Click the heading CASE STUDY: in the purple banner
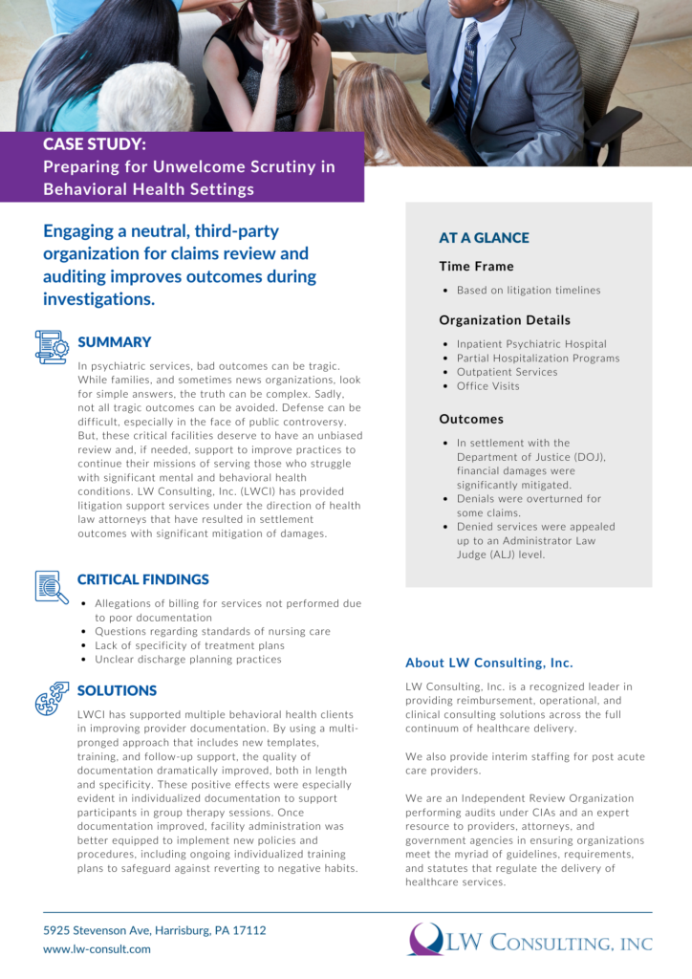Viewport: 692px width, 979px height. point(95,144)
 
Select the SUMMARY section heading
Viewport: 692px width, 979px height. point(114,342)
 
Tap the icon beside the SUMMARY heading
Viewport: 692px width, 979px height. point(51,347)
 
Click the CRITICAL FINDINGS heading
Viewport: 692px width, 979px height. point(142,579)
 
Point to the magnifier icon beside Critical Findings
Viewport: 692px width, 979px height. point(51,586)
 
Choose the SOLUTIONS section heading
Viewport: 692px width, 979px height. point(117,690)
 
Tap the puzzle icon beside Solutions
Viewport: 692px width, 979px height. point(51,697)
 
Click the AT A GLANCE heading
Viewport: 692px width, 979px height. point(484,238)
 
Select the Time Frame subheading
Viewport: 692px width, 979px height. point(476,266)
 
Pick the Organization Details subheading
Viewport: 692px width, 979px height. point(505,320)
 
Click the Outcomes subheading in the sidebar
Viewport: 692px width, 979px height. point(471,419)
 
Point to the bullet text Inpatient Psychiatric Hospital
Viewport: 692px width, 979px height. point(531,344)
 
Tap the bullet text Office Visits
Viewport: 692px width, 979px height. point(488,386)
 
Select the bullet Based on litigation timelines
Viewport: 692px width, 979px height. point(529,290)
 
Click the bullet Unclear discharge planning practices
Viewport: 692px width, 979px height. point(188,659)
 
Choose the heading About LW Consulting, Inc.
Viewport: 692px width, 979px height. point(489,663)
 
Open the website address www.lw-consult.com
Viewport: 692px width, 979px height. point(97,949)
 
